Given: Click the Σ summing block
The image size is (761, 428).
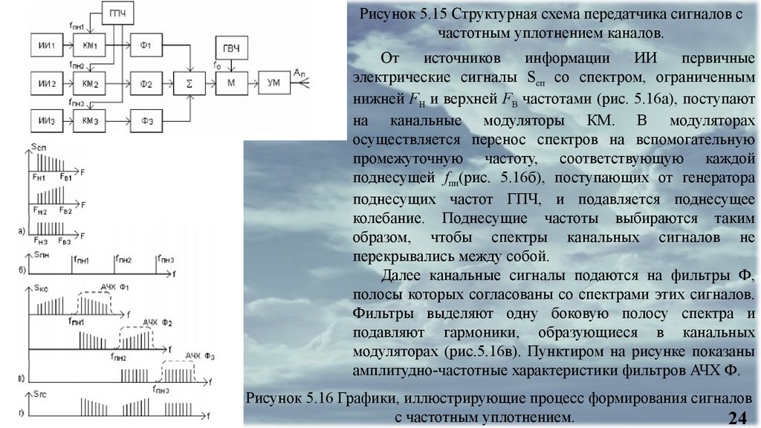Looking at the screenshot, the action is pyautogui.click(x=190, y=82).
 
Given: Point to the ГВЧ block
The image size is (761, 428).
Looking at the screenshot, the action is pyautogui.click(x=231, y=48).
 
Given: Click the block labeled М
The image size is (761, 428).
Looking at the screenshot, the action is pyautogui.click(x=231, y=82).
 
